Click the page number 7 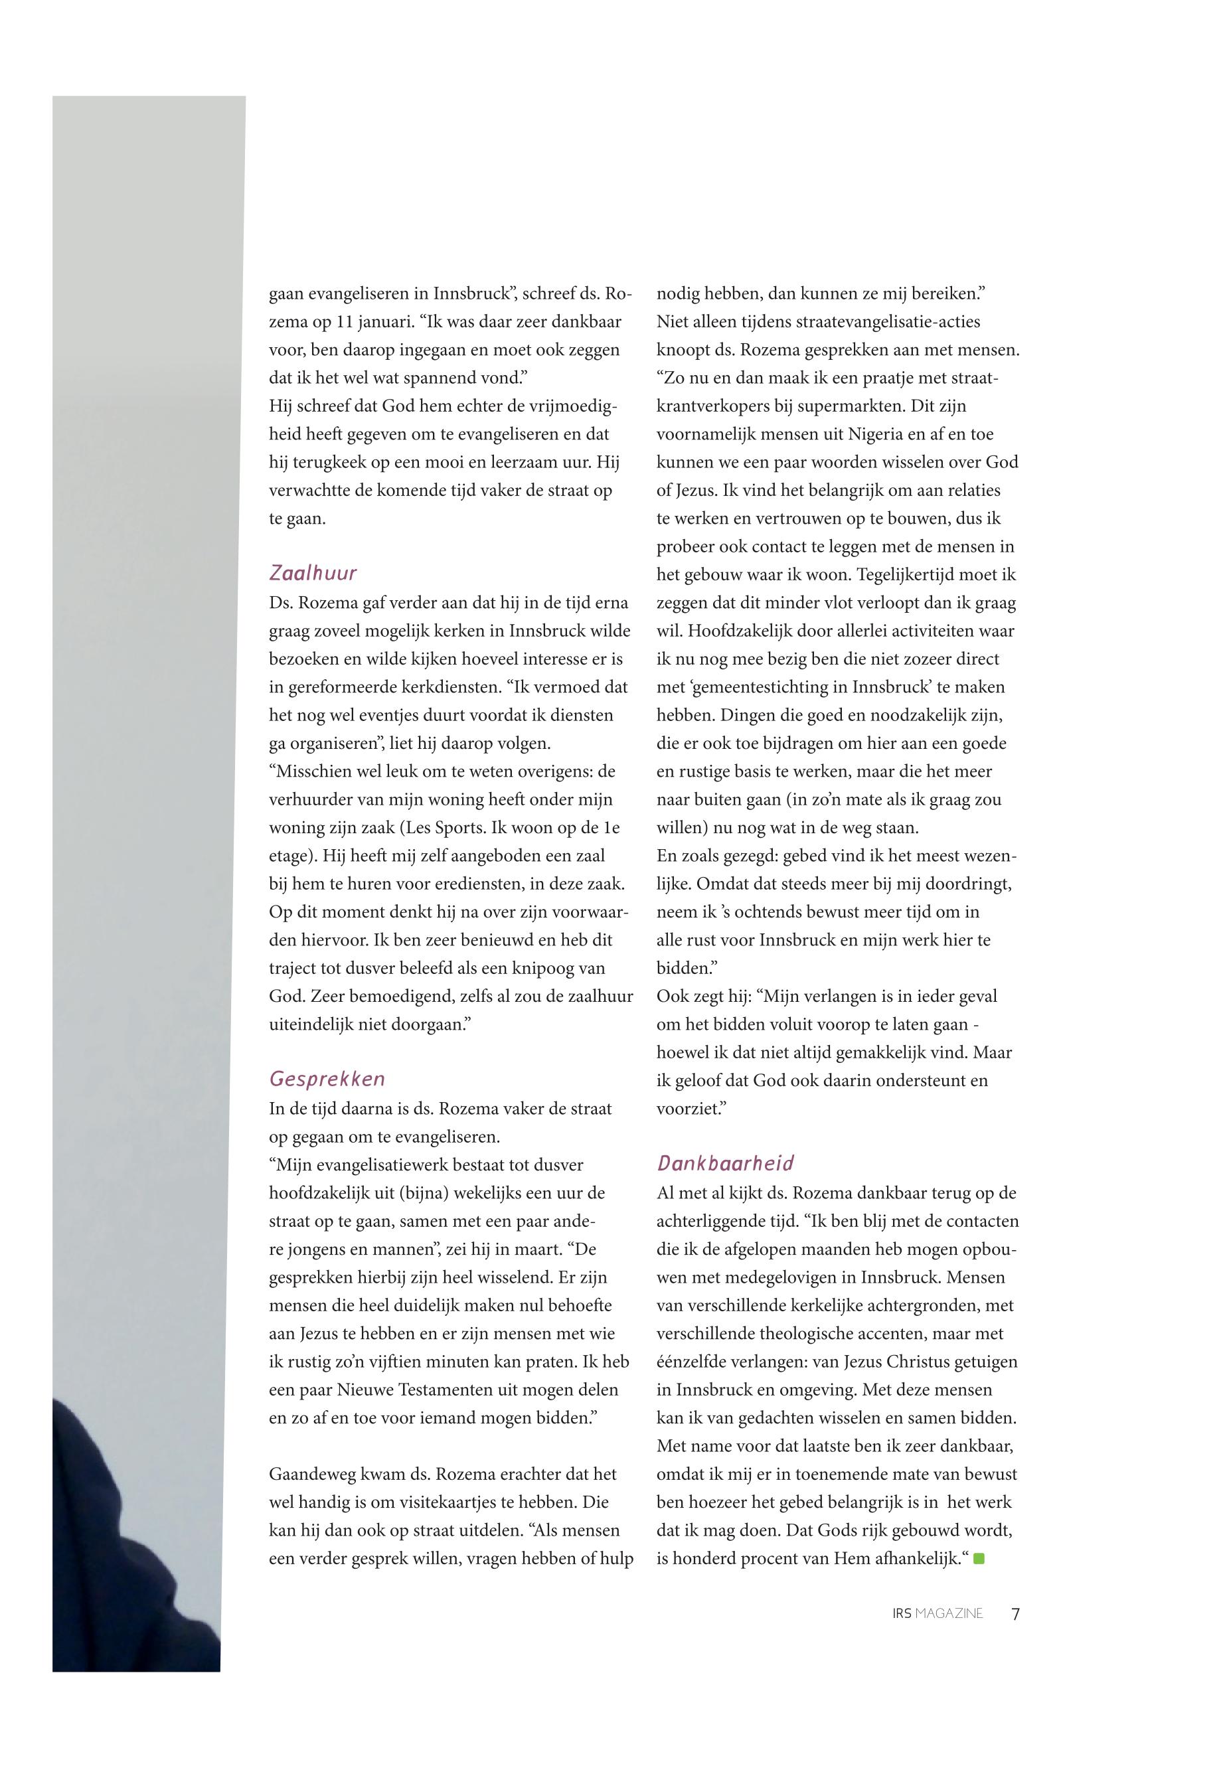(1015, 1613)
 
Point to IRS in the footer (902, 1613)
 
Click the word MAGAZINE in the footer (949, 1613)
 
